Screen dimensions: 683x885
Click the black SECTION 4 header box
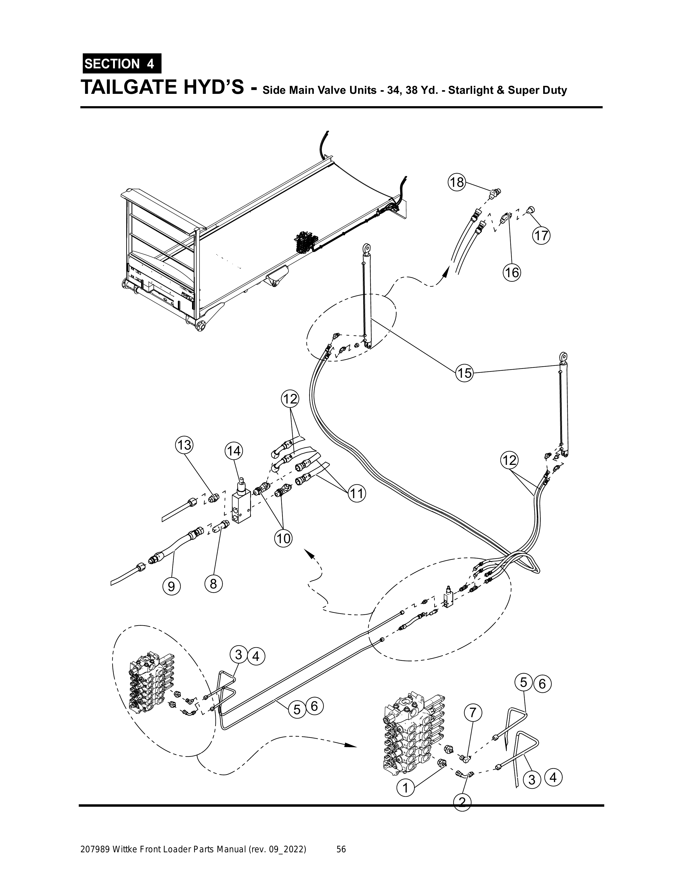coord(122,64)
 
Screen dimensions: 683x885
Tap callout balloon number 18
coord(457,182)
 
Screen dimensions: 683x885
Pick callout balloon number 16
coord(512,272)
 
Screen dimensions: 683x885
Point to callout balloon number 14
coord(234,451)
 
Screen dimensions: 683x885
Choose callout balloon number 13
coord(184,445)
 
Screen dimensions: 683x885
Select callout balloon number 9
coord(171,587)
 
